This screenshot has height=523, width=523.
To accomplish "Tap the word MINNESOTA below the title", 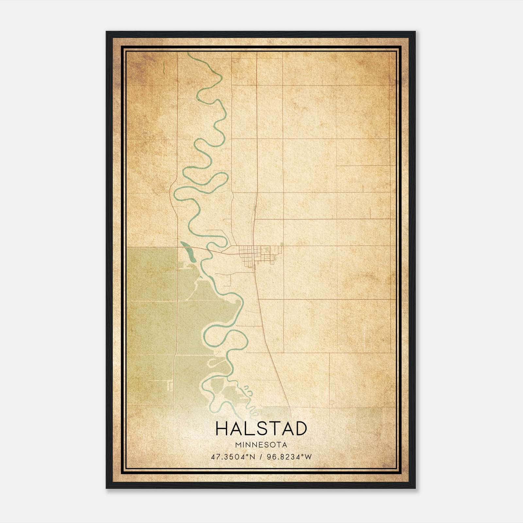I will [261, 445].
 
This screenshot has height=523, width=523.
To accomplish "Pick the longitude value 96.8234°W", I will [289, 457].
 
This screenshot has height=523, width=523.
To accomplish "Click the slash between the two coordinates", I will [261, 457].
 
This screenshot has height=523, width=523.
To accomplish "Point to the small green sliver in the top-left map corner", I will [163, 67].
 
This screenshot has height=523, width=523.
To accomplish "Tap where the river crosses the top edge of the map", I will [189, 53].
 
